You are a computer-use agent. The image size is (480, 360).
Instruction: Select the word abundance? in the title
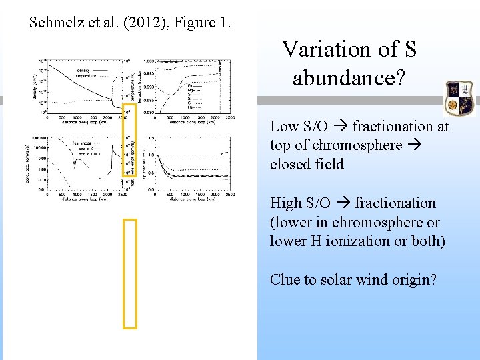point(348,78)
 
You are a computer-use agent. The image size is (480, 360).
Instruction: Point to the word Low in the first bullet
point(284,126)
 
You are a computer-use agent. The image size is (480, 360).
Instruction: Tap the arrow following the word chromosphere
point(413,145)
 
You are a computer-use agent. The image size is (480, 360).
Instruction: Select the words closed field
point(307,164)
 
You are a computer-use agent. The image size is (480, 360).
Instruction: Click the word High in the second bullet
point(286,203)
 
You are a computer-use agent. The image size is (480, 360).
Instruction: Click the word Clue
point(285,280)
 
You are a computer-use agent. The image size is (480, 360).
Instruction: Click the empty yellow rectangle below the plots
point(130,274)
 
